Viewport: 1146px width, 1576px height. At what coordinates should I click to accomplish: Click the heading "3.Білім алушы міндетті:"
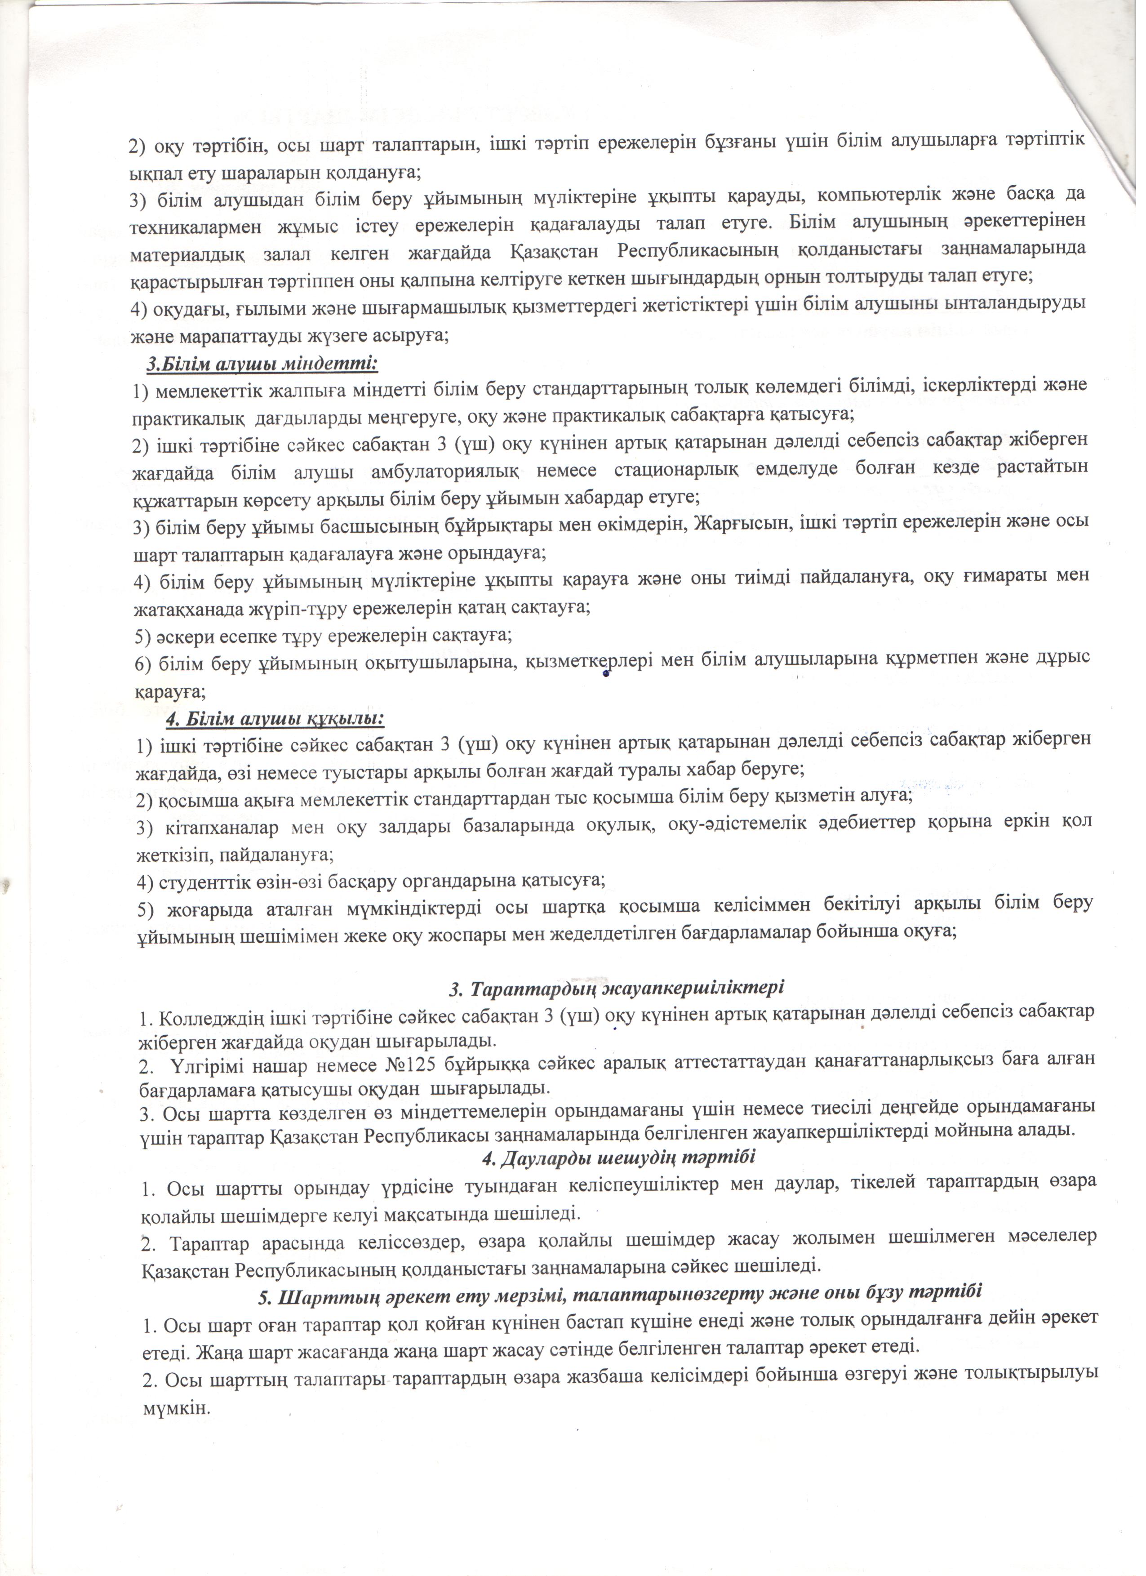pos(262,363)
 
